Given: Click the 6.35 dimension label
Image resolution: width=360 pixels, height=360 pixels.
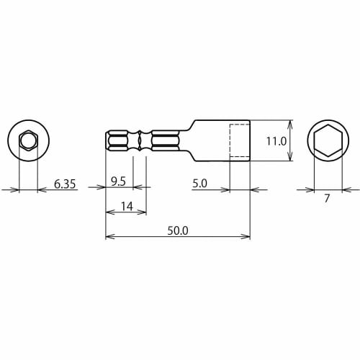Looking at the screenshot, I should tap(65, 184).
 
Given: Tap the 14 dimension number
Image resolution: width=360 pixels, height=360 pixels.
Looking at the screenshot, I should tap(126, 207).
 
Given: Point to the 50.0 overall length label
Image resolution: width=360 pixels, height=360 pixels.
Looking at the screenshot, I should tap(177, 230).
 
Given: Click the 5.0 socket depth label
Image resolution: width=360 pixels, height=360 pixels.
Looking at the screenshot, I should tap(199, 184).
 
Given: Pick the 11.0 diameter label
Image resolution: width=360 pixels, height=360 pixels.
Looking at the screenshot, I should tap(276, 142).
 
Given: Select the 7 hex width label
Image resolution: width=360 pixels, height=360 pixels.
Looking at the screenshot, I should tap(326, 199).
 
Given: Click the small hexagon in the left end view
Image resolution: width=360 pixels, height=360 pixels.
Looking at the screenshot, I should tap(28, 140).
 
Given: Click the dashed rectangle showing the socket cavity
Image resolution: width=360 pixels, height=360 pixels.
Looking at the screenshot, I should tap(240, 141).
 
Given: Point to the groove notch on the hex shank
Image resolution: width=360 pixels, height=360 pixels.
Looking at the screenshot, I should tap(140, 141).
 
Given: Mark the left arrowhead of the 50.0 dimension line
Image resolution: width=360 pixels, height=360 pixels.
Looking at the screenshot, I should tap(109, 236).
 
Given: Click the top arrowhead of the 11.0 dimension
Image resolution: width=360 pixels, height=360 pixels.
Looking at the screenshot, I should tap(291, 122).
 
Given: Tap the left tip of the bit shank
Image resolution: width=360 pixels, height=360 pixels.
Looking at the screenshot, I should tap(107, 141).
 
